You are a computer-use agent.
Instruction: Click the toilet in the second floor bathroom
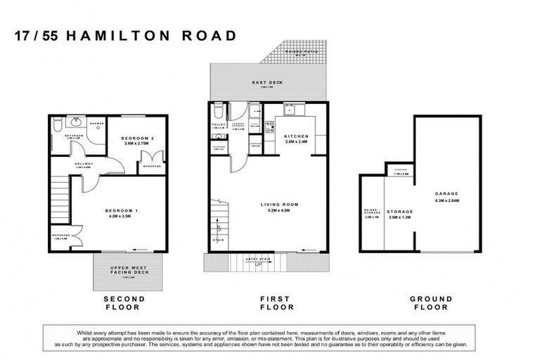point(56,125)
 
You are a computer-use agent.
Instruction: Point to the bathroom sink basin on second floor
point(75,121)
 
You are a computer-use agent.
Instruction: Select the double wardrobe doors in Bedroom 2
point(155,158)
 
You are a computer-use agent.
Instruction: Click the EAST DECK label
point(267,83)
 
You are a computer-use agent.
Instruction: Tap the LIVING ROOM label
point(279,205)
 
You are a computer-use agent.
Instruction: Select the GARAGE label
point(446,193)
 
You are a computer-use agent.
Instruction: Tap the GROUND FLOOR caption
point(431,303)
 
